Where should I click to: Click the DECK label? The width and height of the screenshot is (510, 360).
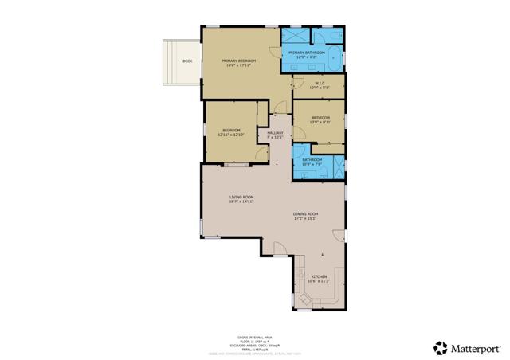187,61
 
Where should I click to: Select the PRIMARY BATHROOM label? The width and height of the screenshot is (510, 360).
306,53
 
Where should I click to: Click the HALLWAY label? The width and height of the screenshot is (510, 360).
276,132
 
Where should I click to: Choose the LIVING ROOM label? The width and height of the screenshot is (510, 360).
241,197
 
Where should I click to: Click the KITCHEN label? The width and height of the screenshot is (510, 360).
319,277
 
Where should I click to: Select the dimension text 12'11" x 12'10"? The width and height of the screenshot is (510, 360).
231,134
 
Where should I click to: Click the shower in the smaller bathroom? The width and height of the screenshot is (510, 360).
338,164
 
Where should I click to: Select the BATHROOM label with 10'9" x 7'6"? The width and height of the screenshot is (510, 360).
312,160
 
